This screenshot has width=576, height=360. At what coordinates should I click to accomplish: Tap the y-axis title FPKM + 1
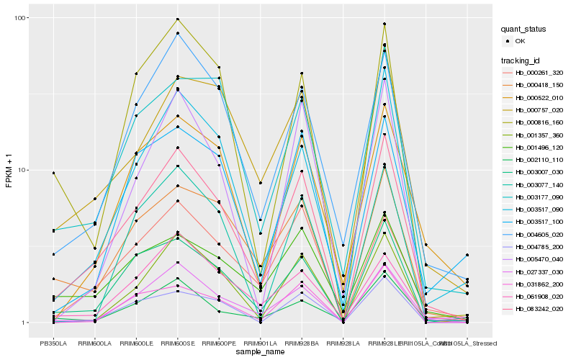pos(9,170)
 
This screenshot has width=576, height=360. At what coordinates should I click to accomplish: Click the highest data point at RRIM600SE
pos(177,19)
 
